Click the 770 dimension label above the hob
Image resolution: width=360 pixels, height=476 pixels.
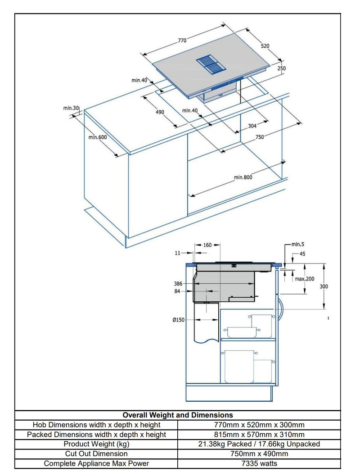coord(182,40)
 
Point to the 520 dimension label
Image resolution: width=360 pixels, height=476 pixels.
coord(265,46)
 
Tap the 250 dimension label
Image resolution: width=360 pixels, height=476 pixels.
coord(281,68)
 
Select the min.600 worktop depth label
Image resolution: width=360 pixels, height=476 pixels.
coord(98,137)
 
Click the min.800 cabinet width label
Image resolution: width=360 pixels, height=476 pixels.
coord(243,177)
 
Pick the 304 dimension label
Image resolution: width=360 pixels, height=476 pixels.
coord(252,126)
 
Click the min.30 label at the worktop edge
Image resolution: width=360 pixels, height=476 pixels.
coord(71,108)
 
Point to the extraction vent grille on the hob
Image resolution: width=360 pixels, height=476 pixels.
coord(211,64)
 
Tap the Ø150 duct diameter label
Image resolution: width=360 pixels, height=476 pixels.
coord(178,320)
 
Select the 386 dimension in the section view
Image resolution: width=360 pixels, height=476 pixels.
coord(178,284)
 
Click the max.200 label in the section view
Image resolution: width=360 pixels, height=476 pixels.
coord(305,279)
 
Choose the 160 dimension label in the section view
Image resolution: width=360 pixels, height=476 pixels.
coord(207,245)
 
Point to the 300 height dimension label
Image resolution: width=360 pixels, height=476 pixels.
coord(324,286)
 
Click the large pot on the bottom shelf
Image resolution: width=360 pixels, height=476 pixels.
coord(238,367)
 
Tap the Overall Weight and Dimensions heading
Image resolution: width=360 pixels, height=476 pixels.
coord(178,415)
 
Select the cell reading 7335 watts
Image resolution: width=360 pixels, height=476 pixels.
coord(259,463)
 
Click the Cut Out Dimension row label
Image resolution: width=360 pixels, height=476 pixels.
coord(96,453)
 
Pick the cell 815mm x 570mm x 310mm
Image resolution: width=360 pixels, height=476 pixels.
coord(259,435)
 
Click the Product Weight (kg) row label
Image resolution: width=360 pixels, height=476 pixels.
coord(96,444)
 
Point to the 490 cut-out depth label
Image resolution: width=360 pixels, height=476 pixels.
coord(160,112)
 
